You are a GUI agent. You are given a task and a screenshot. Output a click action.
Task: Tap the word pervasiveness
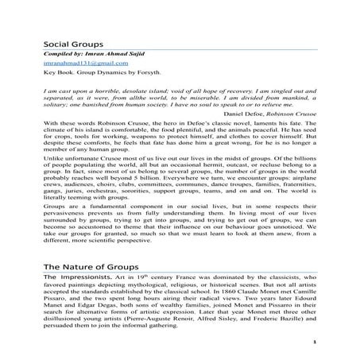(x=67, y=212)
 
